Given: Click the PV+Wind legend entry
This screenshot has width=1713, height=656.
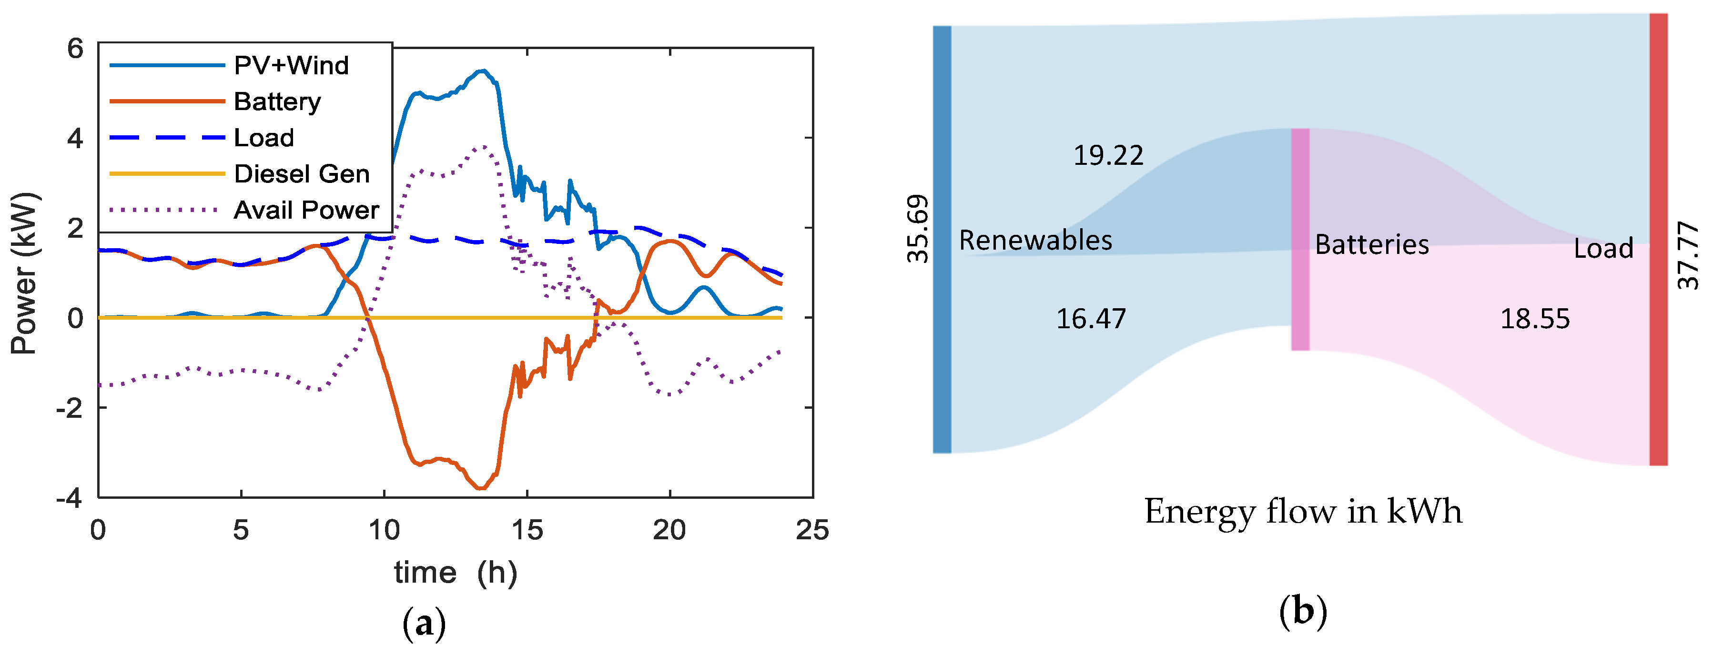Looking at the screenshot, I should click(291, 65).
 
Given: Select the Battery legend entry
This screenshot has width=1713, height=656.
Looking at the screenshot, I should click(277, 101).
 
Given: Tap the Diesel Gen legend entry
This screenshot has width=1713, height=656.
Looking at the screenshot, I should click(301, 174).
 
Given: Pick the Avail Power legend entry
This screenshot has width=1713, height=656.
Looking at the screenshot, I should click(305, 210).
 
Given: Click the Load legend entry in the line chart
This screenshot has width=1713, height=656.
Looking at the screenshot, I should click(264, 138).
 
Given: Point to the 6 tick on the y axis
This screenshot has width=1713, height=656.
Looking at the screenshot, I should click(76, 49).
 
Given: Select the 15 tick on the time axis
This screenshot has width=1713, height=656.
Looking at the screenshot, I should click(527, 530).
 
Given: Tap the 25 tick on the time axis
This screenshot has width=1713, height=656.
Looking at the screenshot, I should click(812, 530).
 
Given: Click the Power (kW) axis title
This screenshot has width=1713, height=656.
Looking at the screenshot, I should click(24, 272).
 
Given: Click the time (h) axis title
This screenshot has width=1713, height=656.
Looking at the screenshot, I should click(456, 572).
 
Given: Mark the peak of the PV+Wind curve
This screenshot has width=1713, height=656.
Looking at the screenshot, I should click(484, 71).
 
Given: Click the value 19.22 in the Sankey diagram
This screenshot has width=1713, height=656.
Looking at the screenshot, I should click(1108, 155).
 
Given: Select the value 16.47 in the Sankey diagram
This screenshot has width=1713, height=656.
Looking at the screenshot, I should click(1091, 319).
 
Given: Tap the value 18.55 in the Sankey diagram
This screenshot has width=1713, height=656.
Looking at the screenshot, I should click(1535, 319).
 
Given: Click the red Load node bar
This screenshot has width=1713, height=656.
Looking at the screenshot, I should click(1659, 239).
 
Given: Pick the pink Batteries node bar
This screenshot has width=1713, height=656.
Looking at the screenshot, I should click(1300, 239).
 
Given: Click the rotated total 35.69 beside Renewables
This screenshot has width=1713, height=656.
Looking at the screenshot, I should click(918, 229).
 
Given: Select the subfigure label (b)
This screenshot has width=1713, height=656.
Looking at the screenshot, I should click(1303, 611).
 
